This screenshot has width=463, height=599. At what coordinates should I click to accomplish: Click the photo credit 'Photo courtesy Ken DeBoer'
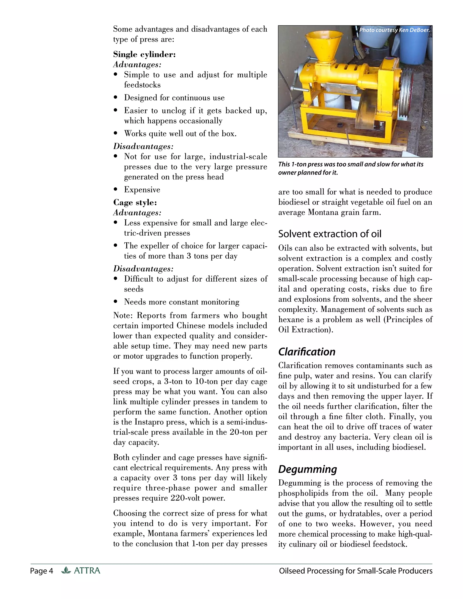[x=394, y=30]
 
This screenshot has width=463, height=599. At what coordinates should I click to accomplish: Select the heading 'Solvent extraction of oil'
[x=330, y=234]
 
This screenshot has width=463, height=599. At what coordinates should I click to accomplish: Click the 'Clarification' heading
[x=307, y=352]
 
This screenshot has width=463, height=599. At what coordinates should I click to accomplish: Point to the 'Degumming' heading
[x=307, y=469]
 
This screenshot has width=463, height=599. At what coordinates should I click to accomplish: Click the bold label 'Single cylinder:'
[x=144, y=54]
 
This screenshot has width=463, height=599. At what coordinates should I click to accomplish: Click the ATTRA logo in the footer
[x=81, y=571]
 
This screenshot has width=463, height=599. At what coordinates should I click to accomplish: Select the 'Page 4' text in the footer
[x=41, y=571]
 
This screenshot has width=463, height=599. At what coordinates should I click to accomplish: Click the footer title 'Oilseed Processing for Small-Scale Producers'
[x=355, y=571]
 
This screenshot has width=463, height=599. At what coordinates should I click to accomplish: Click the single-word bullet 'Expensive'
[x=142, y=190]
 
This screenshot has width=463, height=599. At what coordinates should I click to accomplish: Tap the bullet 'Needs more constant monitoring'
[x=181, y=302]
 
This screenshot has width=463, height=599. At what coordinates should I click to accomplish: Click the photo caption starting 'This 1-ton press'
[x=351, y=168]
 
